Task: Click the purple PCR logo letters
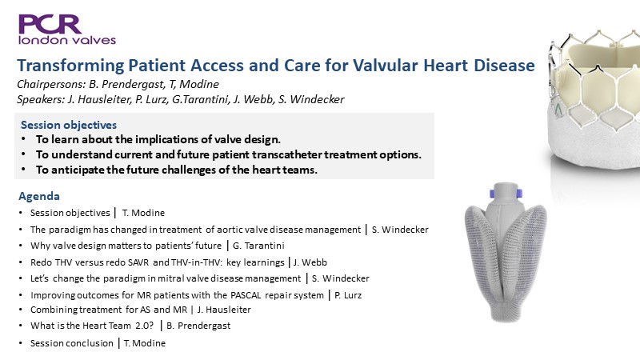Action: click(x=50, y=24)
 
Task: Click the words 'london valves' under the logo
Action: click(x=67, y=40)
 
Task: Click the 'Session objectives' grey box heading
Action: click(x=69, y=125)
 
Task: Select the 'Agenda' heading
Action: click(x=39, y=196)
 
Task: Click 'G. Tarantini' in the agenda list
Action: click(x=258, y=246)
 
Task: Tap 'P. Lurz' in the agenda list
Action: click(x=348, y=295)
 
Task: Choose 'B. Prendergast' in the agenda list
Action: click(x=198, y=326)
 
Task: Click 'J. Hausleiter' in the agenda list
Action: click(x=224, y=310)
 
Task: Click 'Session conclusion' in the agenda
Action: click(x=72, y=343)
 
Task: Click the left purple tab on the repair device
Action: click(x=493, y=194)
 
